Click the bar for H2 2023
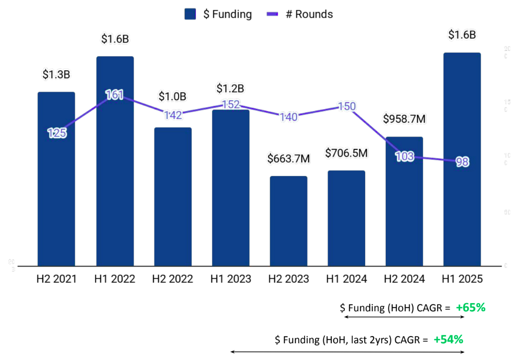coord(288,221)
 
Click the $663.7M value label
coord(288,159)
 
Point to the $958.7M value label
coord(404,119)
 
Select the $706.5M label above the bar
coord(347,153)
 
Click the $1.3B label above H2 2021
coord(56,74)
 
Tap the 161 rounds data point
coord(114,95)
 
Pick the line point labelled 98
coord(462,162)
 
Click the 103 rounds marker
coord(404,157)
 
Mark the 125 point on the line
coord(57,133)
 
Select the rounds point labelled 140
coord(288,117)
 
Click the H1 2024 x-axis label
coord(347,279)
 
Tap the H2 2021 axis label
coord(56,279)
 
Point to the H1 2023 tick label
coord(230,279)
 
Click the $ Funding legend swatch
coord(191,14)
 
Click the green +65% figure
coord(470,308)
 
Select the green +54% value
coord(448,339)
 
